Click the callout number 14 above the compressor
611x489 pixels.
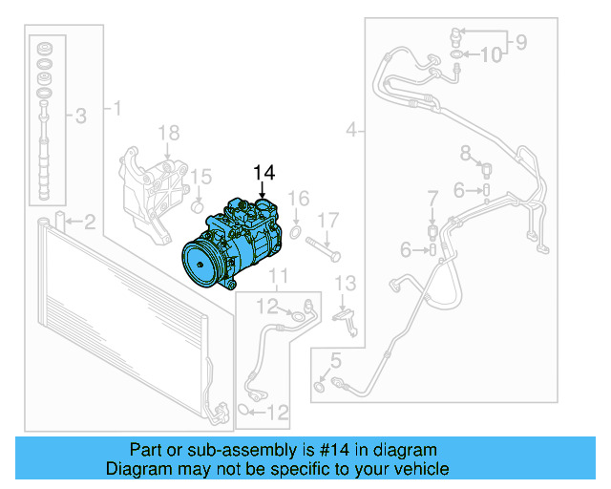click(x=263, y=172)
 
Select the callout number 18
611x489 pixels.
click(x=168, y=132)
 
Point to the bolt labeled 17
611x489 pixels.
click(x=330, y=249)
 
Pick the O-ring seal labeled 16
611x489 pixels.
click(x=297, y=230)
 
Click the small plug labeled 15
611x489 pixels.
click(x=198, y=204)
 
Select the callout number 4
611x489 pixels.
click(x=352, y=129)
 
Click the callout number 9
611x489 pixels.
click(x=521, y=40)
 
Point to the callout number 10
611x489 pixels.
click(x=489, y=55)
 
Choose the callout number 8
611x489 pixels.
click(x=466, y=153)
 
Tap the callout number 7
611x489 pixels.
click(x=432, y=198)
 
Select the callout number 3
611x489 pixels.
click(x=80, y=117)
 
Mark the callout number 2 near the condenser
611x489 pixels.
click(x=89, y=223)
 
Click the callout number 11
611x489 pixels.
click(x=277, y=278)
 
